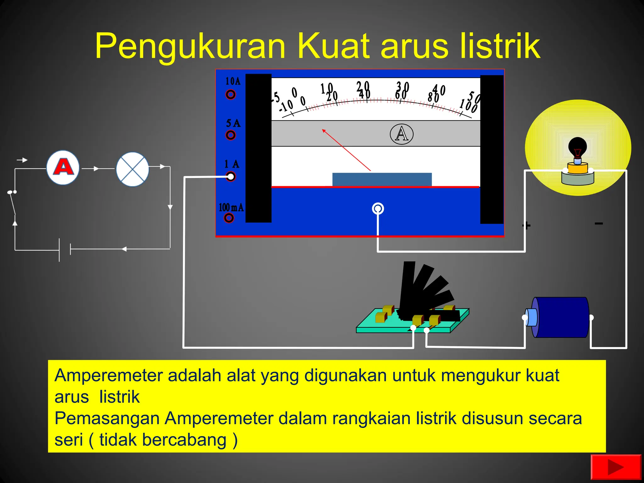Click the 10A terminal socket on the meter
click(x=230, y=94)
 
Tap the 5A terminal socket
click(x=230, y=135)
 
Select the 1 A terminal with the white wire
click(x=231, y=177)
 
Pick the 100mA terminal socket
click(x=229, y=218)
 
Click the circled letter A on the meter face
click(x=402, y=134)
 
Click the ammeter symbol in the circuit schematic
click(x=63, y=167)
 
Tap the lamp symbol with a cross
click(x=132, y=169)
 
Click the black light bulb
click(x=577, y=148)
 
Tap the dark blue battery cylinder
click(x=561, y=317)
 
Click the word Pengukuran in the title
click(x=190, y=46)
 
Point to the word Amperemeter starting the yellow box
click(x=108, y=375)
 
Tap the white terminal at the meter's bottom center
click(x=378, y=208)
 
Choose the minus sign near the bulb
click(x=599, y=224)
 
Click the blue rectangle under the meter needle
click(x=382, y=179)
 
